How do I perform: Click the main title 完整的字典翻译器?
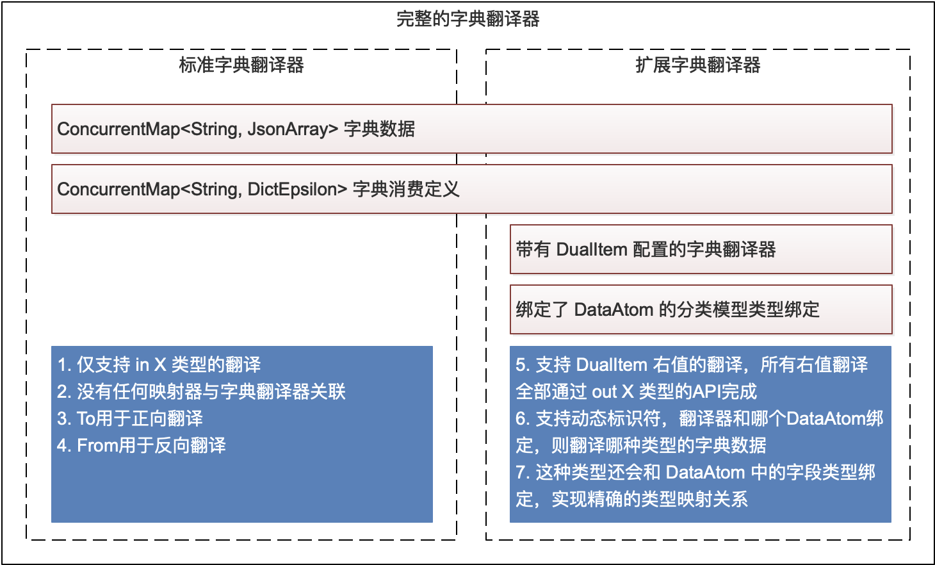pyautogui.click(x=468, y=19)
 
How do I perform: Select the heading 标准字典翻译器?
pyautogui.click(x=241, y=65)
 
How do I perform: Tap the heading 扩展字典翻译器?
pyautogui.click(x=698, y=65)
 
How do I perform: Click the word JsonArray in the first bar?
pyautogui.click(x=293, y=129)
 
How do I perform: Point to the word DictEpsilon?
pyautogui.click(x=297, y=189)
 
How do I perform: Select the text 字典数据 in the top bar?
pyautogui.click(x=379, y=129)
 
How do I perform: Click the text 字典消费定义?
pyautogui.click(x=406, y=189)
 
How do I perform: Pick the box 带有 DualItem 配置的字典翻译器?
pyautogui.click(x=701, y=249)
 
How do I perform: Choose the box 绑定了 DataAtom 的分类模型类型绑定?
pyautogui.click(x=701, y=309)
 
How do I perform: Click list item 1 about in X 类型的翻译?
pyautogui.click(x=159, y=364)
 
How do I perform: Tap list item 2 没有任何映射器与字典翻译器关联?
pyautogui.click(x=201, y=391)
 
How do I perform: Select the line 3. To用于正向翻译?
pyautogui.click(x=130, y=418)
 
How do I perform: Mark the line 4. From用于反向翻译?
pyautogui.click(x=142, y=446)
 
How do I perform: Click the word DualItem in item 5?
pyautogui.click(x=612, y=364)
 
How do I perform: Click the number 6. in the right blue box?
pyautogui.click(x=523, y=418)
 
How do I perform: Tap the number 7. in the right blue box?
pyautogui.click(x=523, y=472)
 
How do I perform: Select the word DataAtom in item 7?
pyautogui.click(x=706, y=472)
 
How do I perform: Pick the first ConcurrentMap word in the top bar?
pyautogui.click(x=118, y=129)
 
